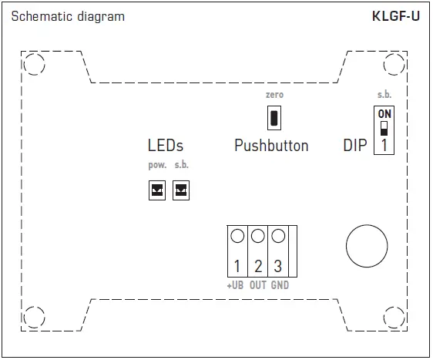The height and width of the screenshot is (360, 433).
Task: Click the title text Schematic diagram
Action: pyautogui.click(x=68, y=16)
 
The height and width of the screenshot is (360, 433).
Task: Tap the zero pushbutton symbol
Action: pyautogui.click(x=274, y=118)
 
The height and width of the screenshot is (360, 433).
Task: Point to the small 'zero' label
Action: pyautogui.click(x=274, y=94)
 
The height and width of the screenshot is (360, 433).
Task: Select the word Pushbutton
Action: pyautogui.click(x=271, y=146)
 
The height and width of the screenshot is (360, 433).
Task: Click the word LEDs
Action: pyautogui.click(x=165, y=146)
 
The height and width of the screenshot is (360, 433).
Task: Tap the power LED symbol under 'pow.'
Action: pyautogui.click(x=157, y=190)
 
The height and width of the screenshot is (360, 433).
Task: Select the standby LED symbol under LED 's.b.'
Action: pyautogui.click(x=181, y=190)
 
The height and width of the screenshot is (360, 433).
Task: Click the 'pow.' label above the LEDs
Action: pyautogui.click(x=157, y=166)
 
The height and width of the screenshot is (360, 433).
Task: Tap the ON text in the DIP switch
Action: pyautogui.click(x=384, y=114)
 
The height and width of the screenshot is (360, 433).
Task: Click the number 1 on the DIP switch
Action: pyautogui.click(x=383, y=145)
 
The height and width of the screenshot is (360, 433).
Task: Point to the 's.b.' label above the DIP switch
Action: pyautogui.click(x=384, y=94)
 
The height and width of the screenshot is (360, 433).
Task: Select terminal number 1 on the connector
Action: pyautogui.click(x=237, y=267)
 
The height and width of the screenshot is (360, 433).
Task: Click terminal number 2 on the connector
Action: pyautogui.click(x=258, y=267)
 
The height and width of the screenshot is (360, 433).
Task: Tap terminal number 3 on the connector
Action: pyautogui.click(x=278, y=267)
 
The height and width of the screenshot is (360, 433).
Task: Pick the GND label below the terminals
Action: pyautogui.click(x=280, y=285)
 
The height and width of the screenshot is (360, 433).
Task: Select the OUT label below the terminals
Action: pyautogui.click(x=258, y=285)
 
